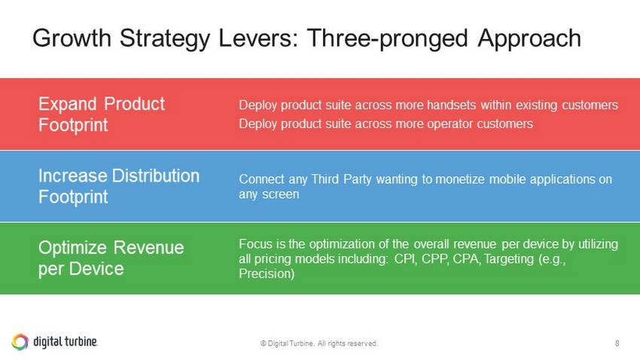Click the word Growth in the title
point(72,38)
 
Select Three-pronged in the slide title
point(387,39)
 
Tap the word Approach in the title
point(529,39)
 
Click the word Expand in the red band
point(67,105)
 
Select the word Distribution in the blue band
point(156,176)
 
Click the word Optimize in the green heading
point(72,249)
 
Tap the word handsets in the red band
point(451,105)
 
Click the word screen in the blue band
point(280,194)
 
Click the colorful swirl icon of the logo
point(20,342)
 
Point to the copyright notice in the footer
point(319,343)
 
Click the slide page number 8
point(617,343)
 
